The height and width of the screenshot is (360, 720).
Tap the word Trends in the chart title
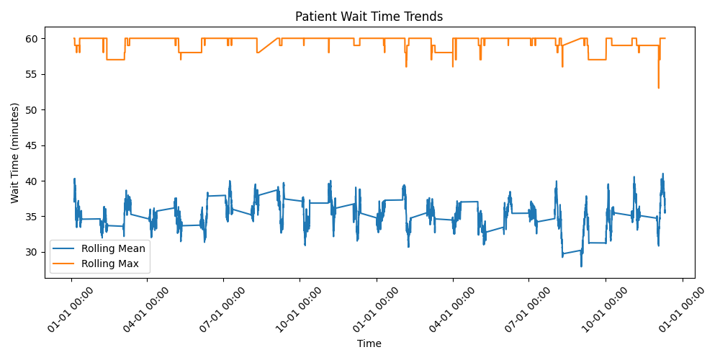[424, 17]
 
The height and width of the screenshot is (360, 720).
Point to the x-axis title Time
[369, 343]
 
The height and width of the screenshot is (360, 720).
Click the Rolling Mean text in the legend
[113, 248]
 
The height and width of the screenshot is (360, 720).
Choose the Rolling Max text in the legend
[110, 264]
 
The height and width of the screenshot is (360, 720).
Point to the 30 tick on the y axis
[35, 252]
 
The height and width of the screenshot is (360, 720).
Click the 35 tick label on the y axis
[35, 216]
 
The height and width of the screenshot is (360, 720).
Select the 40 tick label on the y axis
[35, 181]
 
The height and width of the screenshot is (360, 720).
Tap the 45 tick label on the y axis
[35, 145]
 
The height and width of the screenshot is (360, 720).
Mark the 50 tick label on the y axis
[35, 109]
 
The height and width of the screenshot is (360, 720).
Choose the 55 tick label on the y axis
[35, 74]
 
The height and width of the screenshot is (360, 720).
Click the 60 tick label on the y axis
[35, 38]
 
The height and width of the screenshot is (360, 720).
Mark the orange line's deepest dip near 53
[658, 87]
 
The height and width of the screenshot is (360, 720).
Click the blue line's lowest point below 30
[581, 266]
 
